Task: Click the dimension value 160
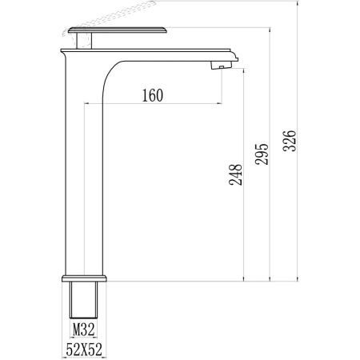pyautogui.click(x=151, y=95)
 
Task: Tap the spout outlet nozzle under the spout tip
pyautogui.click(x=217, y=66)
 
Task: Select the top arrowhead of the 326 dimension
pyautogui.click(x=298, y=8)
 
